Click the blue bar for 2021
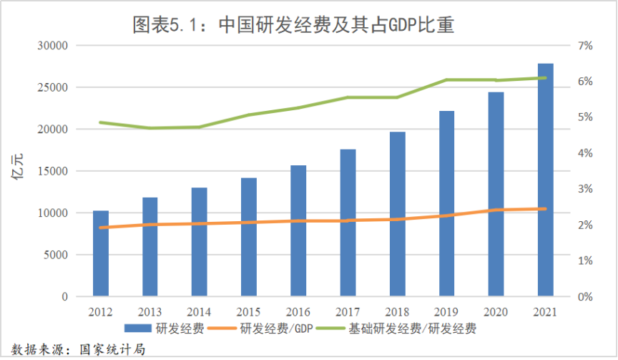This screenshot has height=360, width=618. (x=546, y=179)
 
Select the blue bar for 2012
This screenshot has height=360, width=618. (x=101, y=253)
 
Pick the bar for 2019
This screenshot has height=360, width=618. (x=447, y=203)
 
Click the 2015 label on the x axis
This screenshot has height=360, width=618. (x=249, y=313)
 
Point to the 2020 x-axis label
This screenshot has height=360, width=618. (x=496, y=313)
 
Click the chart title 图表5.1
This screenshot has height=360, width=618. (x=294, y=26)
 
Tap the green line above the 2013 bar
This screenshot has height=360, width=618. (x=150, y=128)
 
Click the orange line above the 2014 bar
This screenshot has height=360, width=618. (x=200, y=223)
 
